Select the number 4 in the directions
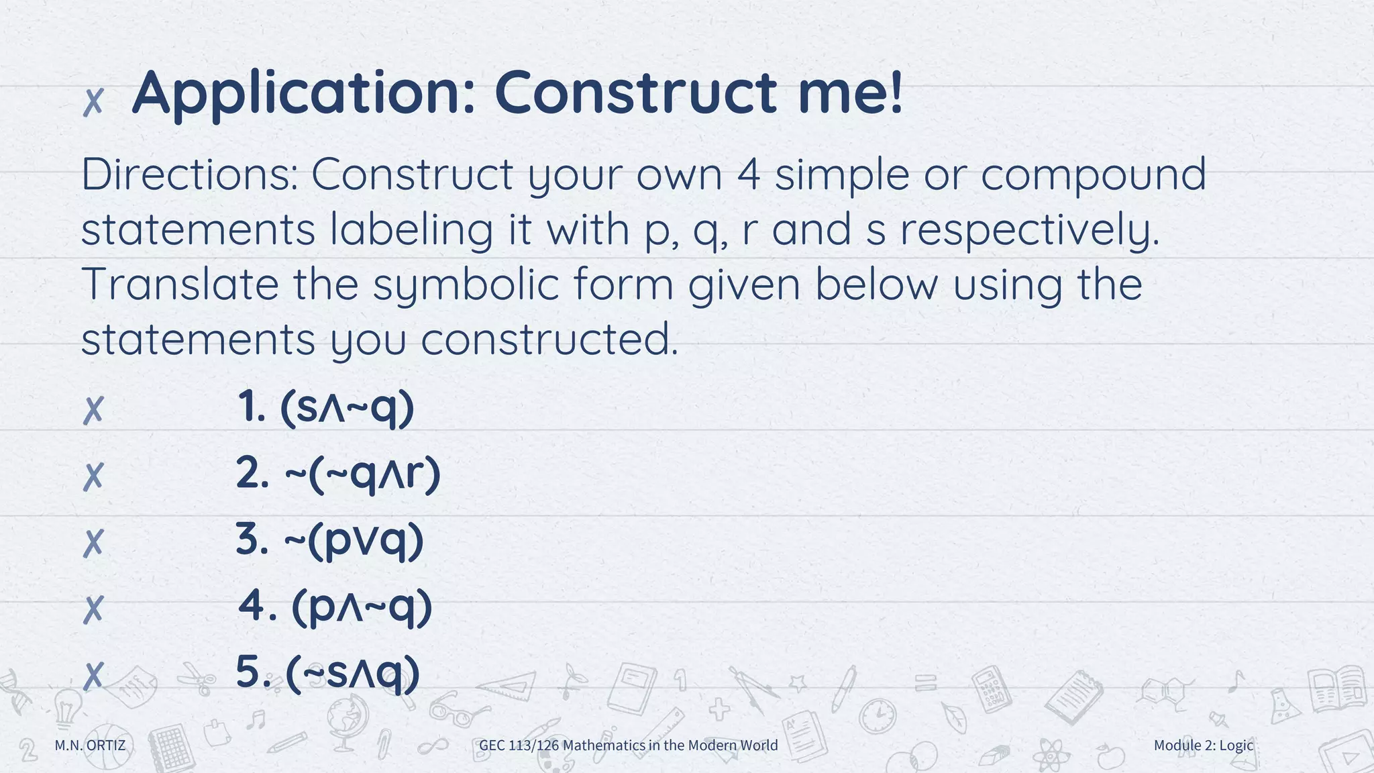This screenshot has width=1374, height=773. (748, 174)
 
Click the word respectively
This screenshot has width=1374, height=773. (1030, 230)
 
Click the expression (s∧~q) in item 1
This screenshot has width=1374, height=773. (347, 408)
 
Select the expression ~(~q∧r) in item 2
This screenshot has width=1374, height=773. (362, 474)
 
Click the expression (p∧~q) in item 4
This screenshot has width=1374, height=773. (362, 608)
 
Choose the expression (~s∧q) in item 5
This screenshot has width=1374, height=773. (353, 673)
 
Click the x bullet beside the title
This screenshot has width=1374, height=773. (93, 102)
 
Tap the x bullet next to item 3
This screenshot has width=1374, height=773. (93, 543)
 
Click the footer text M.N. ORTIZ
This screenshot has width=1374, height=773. (90, 745)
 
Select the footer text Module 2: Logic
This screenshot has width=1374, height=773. (1203, 745)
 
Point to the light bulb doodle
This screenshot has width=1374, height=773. (66, 708)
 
